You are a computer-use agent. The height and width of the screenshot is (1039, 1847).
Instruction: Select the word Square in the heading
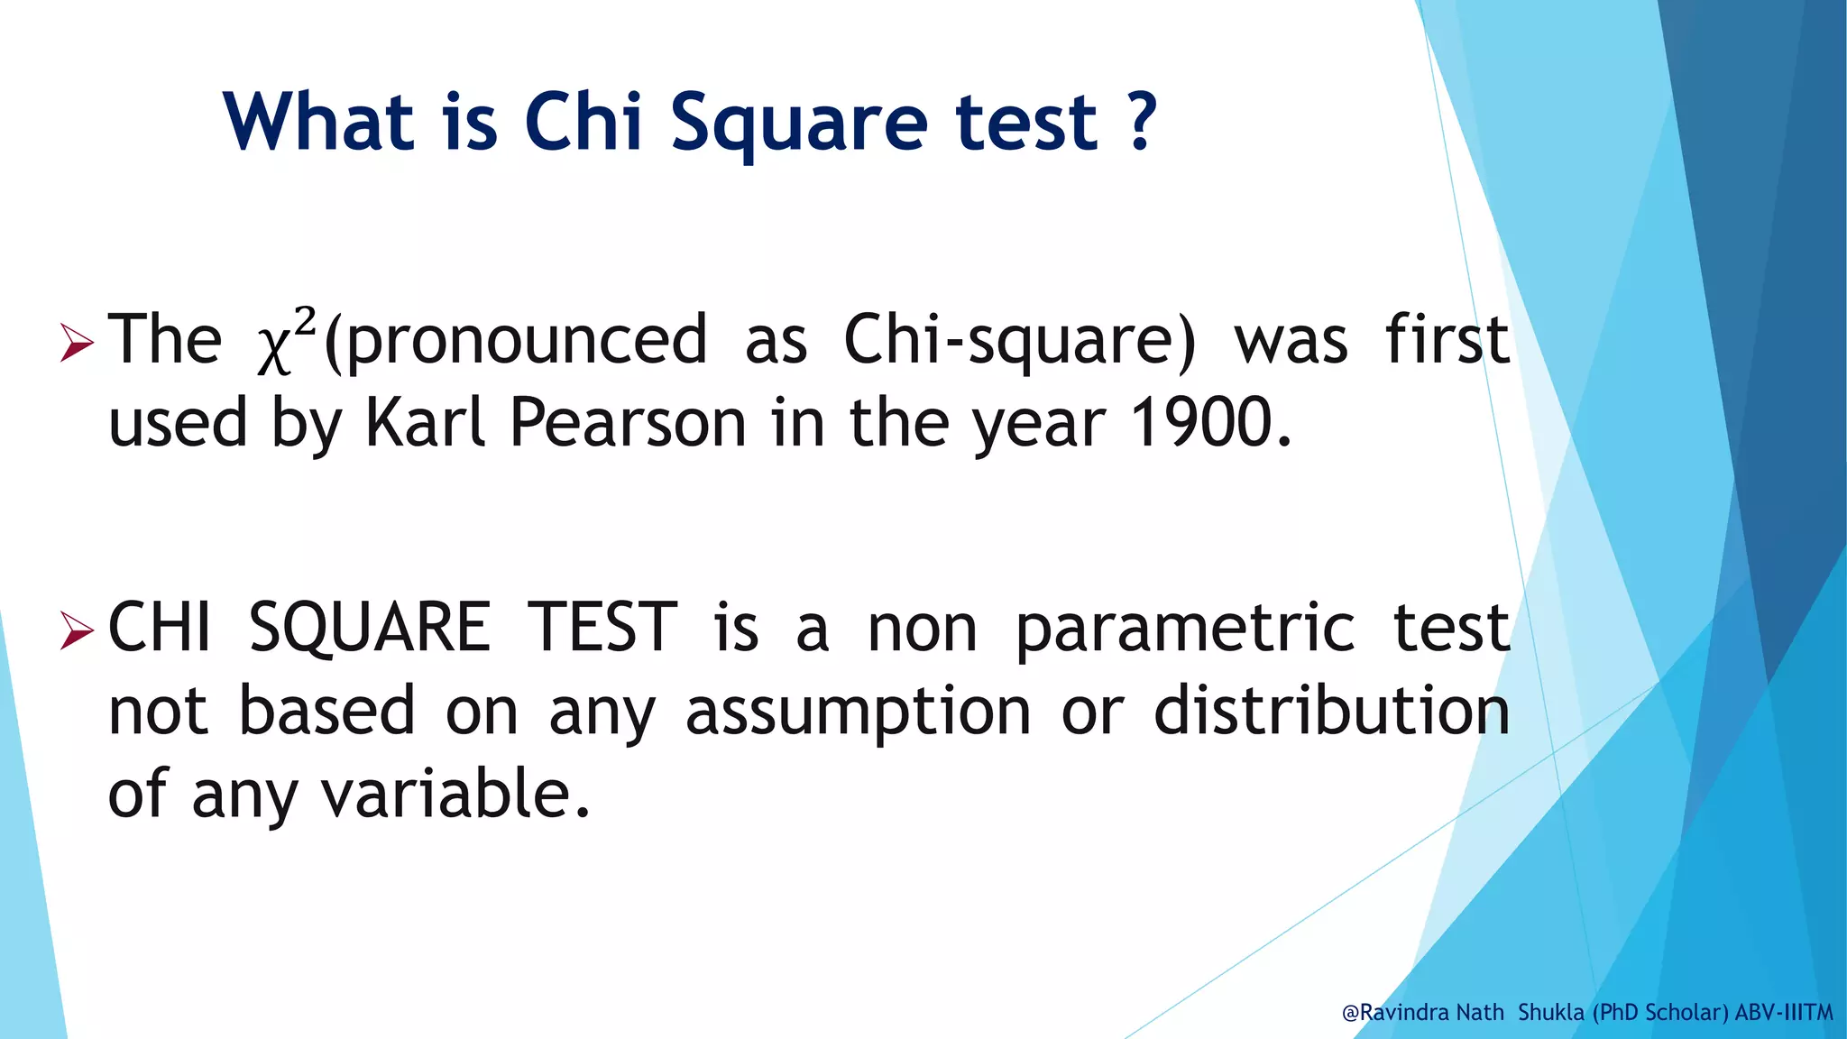tap(798, 124)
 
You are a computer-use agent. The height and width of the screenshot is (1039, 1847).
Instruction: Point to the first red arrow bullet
tap(77, 344)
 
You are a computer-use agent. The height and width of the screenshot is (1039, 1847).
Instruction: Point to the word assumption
tap(858, 713)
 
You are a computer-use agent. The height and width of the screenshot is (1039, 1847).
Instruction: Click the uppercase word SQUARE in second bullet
tap(370, 628)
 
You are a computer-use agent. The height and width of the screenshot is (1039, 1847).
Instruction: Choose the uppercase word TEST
tap(602, 628)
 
